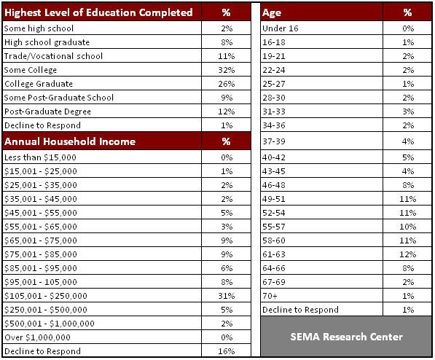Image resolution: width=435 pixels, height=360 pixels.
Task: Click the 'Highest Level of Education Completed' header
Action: [x=98, y=12]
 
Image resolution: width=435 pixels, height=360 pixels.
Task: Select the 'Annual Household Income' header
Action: [x=70, y=141]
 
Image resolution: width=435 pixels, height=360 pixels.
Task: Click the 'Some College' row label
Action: [x=31, y=70]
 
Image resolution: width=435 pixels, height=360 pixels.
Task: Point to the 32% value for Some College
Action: [x=227, y=70]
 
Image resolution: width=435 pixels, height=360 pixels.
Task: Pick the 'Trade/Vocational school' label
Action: [x=53, y=56]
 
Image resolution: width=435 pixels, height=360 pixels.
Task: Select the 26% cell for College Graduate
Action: [x=227, y=84]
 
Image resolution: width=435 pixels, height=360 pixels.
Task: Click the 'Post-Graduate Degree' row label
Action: [x=47, y=111]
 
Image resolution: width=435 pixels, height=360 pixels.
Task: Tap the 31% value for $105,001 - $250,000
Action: [x=227, y=296]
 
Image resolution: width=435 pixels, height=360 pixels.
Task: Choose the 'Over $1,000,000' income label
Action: [x=37, y=337]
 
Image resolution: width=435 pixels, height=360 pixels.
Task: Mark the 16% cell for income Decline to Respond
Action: [x=227, y=351]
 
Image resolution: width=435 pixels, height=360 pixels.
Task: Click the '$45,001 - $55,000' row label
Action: [x=41, y=213]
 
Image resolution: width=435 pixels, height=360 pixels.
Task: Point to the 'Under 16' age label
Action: [x=281, y=28]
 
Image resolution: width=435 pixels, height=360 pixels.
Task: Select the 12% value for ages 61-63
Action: [x=408, y=254]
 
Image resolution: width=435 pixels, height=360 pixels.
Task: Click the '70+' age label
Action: [x=270, y=296]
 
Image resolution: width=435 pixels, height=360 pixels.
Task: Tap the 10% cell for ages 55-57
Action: [x=408, y=227]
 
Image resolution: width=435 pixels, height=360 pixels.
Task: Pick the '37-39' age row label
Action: [x=274, y=141]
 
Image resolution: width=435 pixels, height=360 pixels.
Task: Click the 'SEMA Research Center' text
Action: [x=347, y=337]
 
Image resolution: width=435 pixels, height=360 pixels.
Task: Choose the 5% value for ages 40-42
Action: [x=408, y=157]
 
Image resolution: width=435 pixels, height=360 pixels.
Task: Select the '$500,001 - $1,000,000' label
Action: [x=50, y=324]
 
